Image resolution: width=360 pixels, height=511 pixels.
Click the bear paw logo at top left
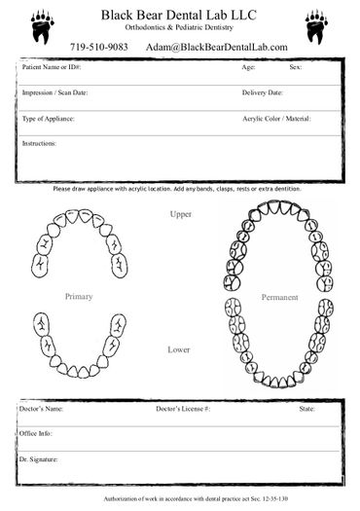(x=42, y=24)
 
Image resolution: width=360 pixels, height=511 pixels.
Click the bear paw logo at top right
(x=316, y=24)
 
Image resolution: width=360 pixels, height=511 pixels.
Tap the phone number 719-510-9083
(x=99, y=47)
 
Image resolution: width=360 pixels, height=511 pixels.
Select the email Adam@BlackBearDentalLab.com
(x=216, y=47)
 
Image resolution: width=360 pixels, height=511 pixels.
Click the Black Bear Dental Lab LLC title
(x=179, y=14)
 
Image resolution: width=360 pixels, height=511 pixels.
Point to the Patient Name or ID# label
(x=52, y=68)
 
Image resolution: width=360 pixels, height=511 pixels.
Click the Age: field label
(x=248, y=68)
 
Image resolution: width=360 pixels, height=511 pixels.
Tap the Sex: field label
(x=295, y=68)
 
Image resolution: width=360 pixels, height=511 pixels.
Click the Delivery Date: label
(x=262, y=93)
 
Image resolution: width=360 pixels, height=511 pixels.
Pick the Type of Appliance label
(x=48, y=119)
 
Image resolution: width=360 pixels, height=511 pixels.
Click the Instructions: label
(x=39, y=143)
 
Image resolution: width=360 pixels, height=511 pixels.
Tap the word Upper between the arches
(x=180, y=213)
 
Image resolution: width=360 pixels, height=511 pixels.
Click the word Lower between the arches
(x=178, y=348)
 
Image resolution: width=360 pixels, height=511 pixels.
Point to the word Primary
(x=80, y=294)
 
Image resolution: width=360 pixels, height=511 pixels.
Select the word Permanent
(x=279, y=295)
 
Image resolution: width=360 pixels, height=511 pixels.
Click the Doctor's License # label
(x=183, y=409)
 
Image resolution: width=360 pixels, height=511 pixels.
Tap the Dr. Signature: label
(x=40, y=458)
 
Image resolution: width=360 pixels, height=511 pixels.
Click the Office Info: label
(x=36, y=434)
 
